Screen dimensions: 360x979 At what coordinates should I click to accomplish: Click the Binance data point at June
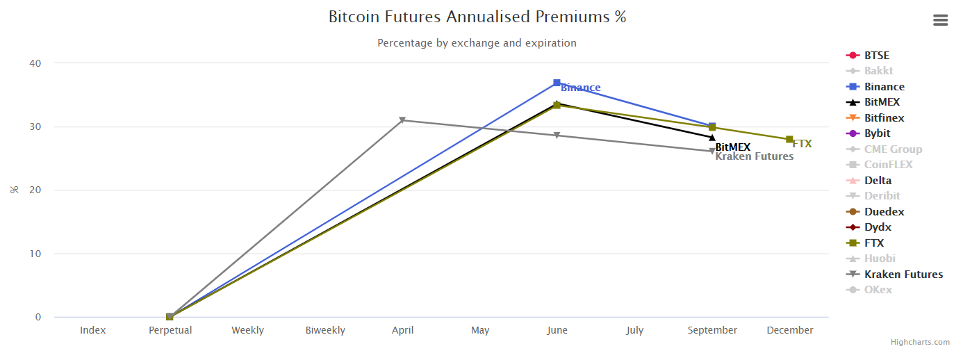(557, 83)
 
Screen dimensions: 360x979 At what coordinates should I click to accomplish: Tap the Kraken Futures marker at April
(402, 120)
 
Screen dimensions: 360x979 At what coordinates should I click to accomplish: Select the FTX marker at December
(789, 140)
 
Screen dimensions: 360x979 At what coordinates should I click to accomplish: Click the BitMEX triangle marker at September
(712, 137)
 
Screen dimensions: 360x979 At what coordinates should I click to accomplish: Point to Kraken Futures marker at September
(712, 151)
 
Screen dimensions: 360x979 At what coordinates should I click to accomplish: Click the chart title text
(477, 17)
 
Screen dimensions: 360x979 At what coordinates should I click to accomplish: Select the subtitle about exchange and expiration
(477, 43)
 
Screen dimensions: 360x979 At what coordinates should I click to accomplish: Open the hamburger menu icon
(940, 20)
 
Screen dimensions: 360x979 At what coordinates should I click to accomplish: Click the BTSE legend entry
(876, 56)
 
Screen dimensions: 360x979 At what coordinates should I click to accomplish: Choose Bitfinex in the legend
(884, 118)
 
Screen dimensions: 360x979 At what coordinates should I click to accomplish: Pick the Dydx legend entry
(878, 227)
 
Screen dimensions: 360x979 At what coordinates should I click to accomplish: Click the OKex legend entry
(878, 290)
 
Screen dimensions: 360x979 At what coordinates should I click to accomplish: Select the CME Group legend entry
(893, 149)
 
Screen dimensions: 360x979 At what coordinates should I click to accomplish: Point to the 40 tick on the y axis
(35, 63)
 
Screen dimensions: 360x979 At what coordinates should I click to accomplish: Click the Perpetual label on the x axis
(170, 330)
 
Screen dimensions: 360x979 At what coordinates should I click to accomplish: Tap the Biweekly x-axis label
(325, 330)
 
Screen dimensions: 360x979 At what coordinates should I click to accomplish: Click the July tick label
(634, 330)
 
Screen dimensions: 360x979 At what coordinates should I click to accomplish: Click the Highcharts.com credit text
(920, 342)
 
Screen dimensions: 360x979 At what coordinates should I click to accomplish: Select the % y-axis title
(14, 190)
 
